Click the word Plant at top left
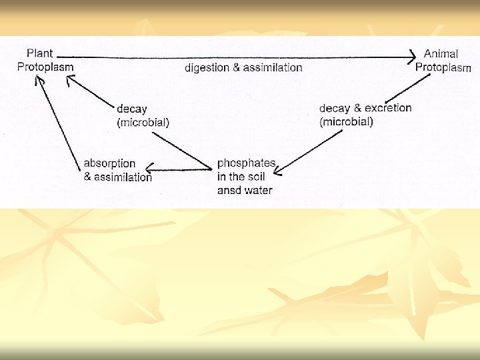[x=39, y=53]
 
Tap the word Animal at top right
[x=441, y=54]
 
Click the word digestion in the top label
[x=209, y=67]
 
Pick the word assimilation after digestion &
[x=272, y=67]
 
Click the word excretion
[x=388, y=108]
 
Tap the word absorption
[x=109, y=163]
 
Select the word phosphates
[x=246, y=164]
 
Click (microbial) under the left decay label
[x=143, y=122]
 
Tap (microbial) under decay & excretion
[x=347, y=121]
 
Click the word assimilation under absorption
[x=123, y=177]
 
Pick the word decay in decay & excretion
[x=335, y=109]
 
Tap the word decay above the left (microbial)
[x=132, y=109]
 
